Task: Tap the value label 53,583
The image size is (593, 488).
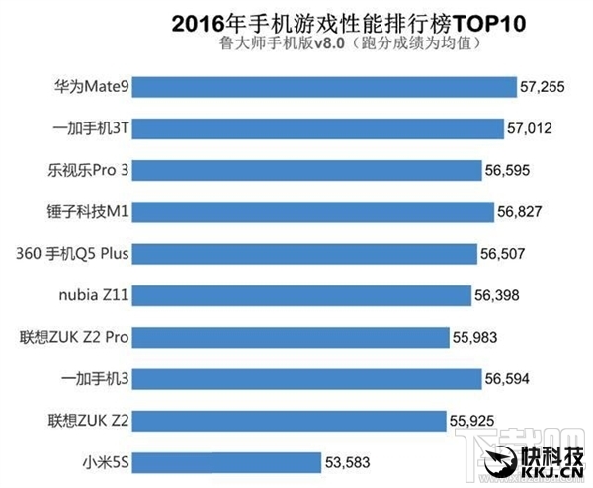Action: point(350,461)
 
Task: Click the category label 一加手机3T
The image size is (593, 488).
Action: point(90,129)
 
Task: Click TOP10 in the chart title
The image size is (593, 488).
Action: point(412,21)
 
